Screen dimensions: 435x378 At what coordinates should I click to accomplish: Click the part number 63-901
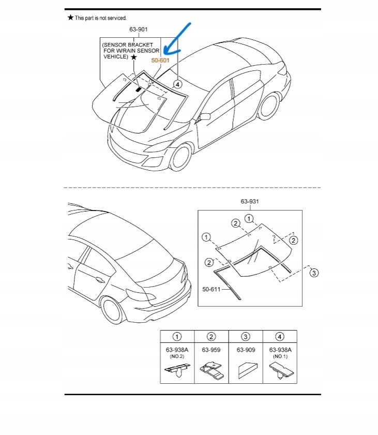pos(139,29)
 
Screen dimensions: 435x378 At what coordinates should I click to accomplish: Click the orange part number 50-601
pos(160,61)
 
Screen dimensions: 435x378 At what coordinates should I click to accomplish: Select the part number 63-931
pos(249,201)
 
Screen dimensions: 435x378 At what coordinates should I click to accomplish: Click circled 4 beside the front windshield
pos(177,83)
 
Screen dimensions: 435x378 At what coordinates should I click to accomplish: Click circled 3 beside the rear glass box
pos(313,273)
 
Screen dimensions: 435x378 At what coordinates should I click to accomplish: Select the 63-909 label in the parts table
pos(246,350)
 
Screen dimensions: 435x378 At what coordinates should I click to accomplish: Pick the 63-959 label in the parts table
pos(211,350)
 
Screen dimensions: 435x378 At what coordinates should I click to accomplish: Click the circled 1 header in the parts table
pos(177,337)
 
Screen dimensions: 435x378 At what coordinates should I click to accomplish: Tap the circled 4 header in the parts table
pos(280,337)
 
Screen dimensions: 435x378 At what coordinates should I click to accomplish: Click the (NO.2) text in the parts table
pos(177,357)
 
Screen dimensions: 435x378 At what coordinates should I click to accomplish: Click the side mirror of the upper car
pos(205,116)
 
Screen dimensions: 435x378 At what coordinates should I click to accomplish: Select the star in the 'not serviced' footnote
pos(70,18)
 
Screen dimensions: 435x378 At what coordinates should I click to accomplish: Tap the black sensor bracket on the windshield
pos(138,89)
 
